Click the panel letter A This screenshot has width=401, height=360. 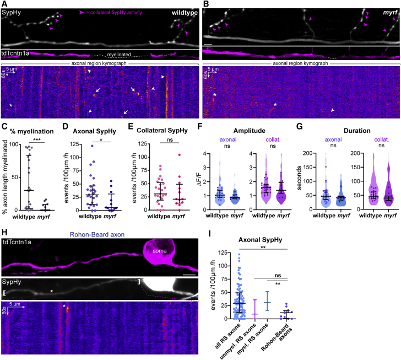[x=4, y=4]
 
